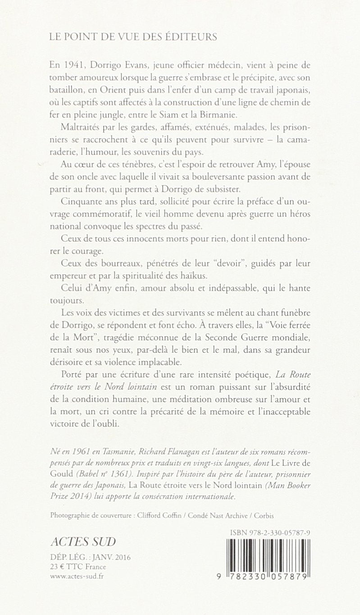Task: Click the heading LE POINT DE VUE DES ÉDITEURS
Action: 133,37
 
